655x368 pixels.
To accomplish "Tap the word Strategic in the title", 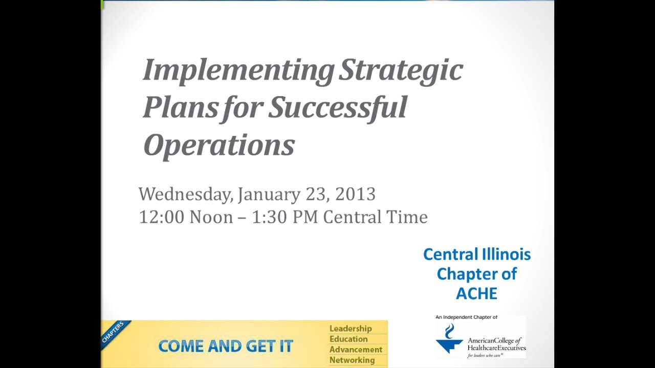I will [401, 71].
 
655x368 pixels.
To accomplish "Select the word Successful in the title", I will [338, 107].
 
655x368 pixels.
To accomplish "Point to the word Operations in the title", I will [219, 145].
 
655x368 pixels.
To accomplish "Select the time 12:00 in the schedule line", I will [161, 217].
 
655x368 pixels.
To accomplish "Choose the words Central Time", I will [375, 217].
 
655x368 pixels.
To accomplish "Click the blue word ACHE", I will [476, 293].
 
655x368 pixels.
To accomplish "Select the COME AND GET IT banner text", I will [225, 346].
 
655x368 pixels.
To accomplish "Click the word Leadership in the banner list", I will [351, 329].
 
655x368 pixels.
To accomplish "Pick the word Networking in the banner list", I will [352, 360].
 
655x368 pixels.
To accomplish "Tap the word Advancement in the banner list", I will [356, 350].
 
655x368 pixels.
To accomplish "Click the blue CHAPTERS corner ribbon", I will [114, 333].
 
